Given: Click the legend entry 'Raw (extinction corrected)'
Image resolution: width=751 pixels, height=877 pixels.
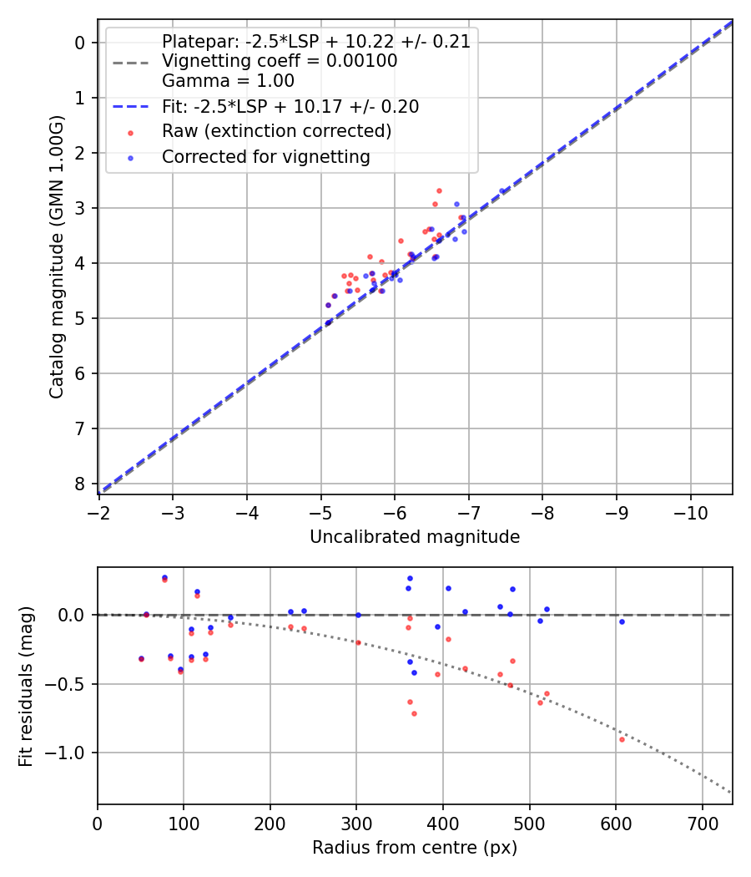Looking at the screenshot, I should point(276,131).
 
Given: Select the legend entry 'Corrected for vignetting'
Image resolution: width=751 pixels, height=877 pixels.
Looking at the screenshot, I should point(265,157).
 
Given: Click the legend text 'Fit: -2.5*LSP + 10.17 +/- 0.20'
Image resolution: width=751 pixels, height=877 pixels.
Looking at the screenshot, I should point(290,107).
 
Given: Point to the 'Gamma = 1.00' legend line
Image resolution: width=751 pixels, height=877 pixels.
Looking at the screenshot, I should point(228,81).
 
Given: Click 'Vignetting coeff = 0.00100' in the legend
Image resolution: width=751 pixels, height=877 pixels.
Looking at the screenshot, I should point(280,61).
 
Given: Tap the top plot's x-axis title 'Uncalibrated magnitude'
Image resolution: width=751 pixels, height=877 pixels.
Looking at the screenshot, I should point(415,537).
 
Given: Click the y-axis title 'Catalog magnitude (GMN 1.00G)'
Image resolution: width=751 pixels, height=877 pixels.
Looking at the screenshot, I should point(56,257).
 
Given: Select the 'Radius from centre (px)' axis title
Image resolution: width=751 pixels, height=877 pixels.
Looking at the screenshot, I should point(415,848).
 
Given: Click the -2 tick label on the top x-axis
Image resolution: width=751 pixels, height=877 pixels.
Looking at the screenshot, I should point(98,513).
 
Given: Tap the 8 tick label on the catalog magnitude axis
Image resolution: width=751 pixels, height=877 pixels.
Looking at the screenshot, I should point(80,484).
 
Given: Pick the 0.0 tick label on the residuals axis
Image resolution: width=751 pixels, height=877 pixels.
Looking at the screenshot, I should point(76,615).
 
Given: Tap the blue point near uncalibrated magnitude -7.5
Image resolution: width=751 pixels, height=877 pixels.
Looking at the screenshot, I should point(502,191).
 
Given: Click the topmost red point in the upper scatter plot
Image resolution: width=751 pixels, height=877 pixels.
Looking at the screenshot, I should point(439,190).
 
